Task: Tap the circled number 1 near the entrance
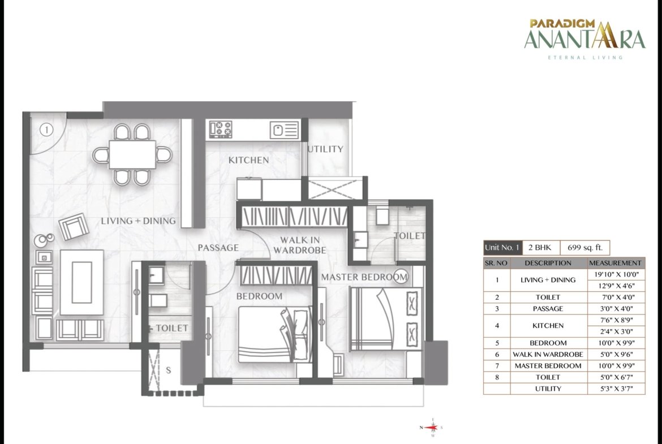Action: click(x=46, y=130)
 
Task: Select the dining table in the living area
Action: click(x=132, y=154)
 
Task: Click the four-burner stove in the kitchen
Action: click(x=221, y=129)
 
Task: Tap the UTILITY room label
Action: click(x=325, y=149)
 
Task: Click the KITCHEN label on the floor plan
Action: click(x=248, y=160)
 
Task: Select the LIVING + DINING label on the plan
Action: click(x=138, y=221)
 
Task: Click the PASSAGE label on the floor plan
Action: click(x=218, y=248)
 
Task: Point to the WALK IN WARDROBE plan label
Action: click(x=300, y=245)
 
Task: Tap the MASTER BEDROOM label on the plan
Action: click(x=364, y=277)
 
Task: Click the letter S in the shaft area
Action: click(x=169, y=370)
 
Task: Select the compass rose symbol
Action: click(x=432, y=427)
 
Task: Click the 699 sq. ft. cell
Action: click(x=584, y=248)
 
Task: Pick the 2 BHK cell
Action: click(x=541, y=248)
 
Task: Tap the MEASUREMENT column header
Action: click(x=616, y=263)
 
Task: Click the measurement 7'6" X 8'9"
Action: click(x=616, y=320)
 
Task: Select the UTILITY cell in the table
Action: click(x=548, y=389)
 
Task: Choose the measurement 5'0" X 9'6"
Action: click(x=616, y=355)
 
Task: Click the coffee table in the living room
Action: click(x=81, y=282)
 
